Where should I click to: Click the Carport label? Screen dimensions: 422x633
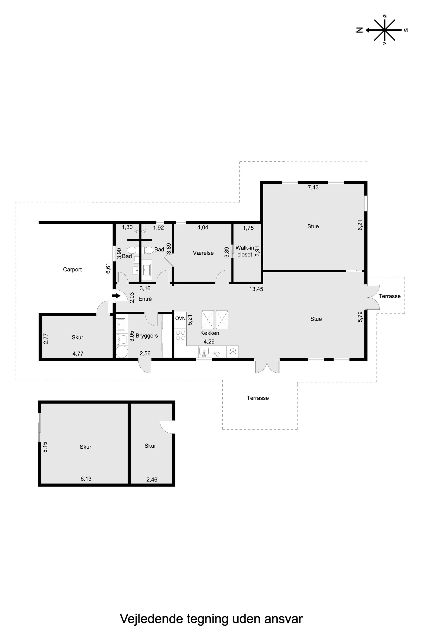tap(72, 269)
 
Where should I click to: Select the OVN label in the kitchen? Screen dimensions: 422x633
tap(180, 318)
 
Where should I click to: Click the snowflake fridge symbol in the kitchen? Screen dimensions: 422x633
tap(232, 351)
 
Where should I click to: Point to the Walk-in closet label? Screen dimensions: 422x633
tap(245, 251)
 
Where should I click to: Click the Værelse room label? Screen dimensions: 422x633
tap(203, 253)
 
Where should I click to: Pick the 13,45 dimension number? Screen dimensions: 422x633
tap(256, 289)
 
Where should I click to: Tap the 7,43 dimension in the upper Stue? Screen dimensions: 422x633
tap(313, 188)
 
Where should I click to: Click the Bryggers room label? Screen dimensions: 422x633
tap(147, 336)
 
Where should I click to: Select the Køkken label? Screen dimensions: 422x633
tap(210, 333)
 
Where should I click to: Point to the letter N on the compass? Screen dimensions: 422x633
tap(359, 30)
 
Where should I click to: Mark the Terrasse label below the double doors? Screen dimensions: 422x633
tap(258, 398)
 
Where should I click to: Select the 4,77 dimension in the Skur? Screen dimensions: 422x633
tap(78, 354)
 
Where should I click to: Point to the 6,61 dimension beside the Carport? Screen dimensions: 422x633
tap(108, 268)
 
